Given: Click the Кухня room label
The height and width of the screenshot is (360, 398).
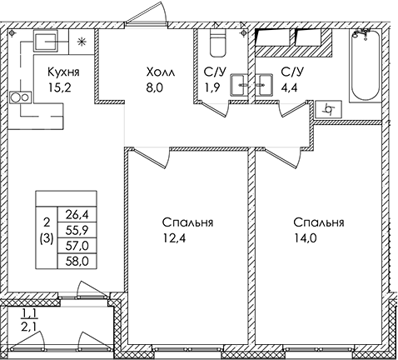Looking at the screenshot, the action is (63, 72).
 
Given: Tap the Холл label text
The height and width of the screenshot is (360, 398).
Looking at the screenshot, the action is (161, 72).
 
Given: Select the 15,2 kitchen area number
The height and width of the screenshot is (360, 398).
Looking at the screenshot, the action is (60, 87).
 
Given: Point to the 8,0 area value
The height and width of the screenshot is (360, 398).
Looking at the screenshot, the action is (155, 87).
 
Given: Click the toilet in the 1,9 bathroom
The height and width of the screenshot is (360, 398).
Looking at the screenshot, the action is (217, 42).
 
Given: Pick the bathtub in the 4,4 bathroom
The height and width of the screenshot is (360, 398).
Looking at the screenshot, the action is (365, 65).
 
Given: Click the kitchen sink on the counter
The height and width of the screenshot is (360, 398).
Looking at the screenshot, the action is (46, 41).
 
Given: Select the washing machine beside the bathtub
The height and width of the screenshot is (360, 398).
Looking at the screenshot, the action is (329, 109).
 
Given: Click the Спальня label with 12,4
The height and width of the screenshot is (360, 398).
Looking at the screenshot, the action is (187, 222).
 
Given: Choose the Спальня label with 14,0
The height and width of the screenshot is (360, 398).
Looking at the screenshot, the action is (319, 222).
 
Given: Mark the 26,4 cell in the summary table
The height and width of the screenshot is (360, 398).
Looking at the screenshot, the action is (77, 214).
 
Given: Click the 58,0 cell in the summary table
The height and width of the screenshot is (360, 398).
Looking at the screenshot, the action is (77, 262).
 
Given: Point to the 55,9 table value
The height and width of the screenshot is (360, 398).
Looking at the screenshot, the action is (77, 230).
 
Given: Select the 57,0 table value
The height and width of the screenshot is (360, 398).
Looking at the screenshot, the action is (77, 246).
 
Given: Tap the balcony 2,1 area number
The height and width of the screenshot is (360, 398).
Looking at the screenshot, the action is (29, 325).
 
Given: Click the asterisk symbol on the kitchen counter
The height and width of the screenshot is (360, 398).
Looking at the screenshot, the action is (82, 42).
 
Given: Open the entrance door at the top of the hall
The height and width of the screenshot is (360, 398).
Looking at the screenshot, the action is (146, 14).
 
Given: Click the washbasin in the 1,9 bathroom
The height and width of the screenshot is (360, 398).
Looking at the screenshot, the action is (238, 85).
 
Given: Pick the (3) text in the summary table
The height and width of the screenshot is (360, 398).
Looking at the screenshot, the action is (47, 238).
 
